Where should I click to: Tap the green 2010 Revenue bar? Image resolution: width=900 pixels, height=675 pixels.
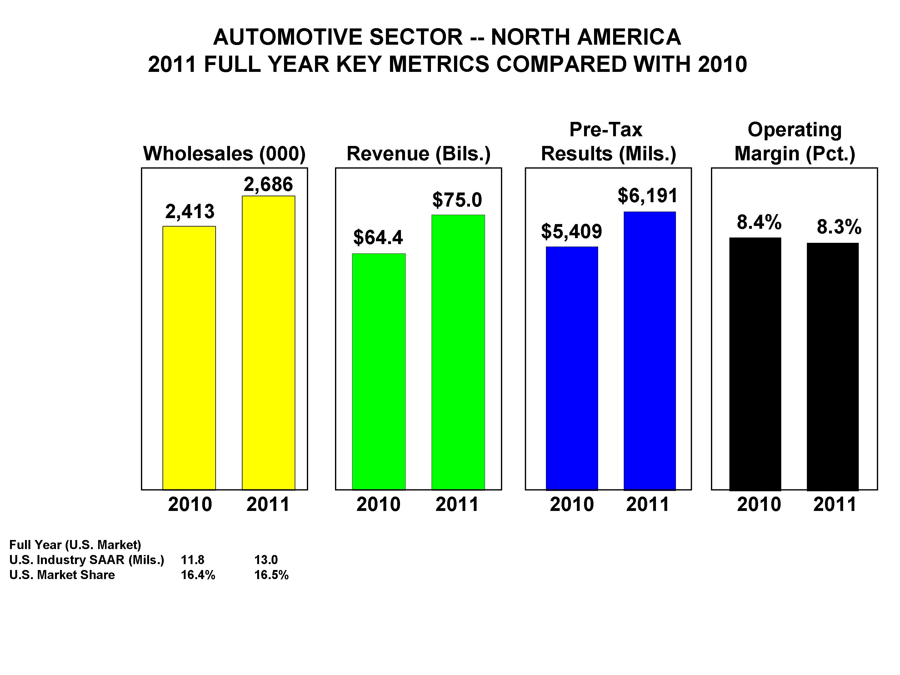coord(379,372)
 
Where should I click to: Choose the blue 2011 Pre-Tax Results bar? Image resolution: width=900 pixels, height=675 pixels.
coord(650,351)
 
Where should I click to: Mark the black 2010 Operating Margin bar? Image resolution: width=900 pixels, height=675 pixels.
coord(755,364)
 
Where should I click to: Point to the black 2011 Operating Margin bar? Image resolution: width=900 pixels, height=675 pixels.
coord(833,366)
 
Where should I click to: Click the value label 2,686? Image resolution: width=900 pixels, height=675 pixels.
coord(268,184)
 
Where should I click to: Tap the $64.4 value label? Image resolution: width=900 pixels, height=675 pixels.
coord(378,237)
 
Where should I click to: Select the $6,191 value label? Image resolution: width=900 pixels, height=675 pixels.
coord(648,196)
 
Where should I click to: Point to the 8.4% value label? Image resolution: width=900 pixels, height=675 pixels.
coord(759,222)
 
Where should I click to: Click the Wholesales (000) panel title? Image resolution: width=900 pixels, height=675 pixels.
coord(224,154)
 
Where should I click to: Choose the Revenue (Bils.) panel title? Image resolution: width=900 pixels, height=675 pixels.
coord(418,154)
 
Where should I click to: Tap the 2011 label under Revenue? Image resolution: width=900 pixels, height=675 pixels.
coord(457,504)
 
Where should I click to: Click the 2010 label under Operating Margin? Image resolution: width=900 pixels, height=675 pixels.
coord(759,504)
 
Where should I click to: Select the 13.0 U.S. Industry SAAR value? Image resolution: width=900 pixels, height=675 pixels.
coord(266,560)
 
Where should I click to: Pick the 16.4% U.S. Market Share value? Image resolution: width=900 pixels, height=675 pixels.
coord(198,575)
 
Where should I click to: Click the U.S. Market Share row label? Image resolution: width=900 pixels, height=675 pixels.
coord(62,575)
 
